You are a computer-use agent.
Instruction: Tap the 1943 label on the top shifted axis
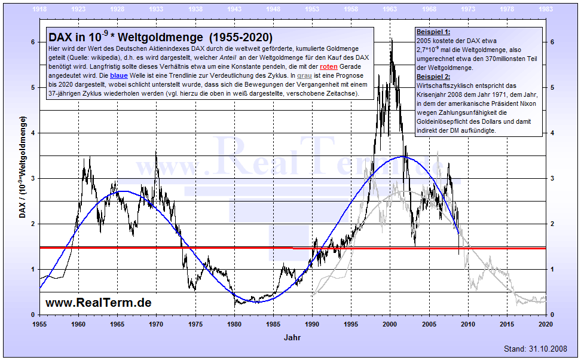[x=234, y=10]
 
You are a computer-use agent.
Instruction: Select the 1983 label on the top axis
[x=546, y=10]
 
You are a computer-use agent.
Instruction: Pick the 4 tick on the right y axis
[x=554, y=133]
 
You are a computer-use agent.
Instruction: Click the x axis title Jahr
[x=292, y=338]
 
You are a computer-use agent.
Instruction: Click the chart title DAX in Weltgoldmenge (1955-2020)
[x=161, y=37]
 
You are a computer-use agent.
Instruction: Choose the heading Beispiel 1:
[x=433, y=31]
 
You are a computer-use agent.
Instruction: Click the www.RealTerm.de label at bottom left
[x=99, y=303]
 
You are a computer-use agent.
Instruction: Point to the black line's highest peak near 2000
[x=392, y=39]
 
